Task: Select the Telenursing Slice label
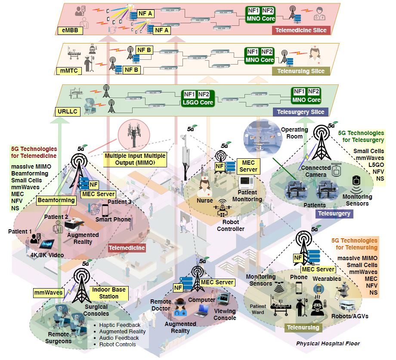point(301,71)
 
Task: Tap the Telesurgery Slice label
point(300,112)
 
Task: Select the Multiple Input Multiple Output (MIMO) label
point(135,160)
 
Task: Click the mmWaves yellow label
point(49,292)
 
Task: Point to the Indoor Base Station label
point(108,293)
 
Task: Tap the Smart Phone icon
point(105,210)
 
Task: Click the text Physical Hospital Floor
point(328,343)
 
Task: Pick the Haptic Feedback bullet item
point(119,325)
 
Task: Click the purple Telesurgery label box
point(334,213)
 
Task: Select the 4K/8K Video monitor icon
point(46,244)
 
